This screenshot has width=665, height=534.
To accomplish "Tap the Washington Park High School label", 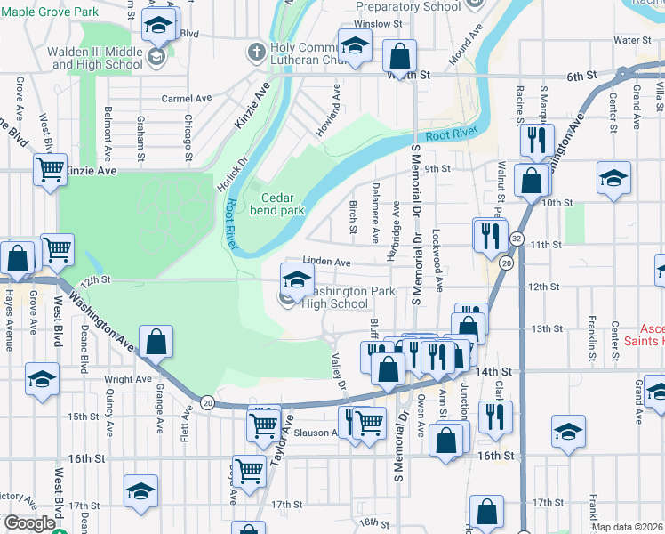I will [333, 297].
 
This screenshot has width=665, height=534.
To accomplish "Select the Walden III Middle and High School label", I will [98, 58].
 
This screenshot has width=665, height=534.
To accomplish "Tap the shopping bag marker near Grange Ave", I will [156, 342].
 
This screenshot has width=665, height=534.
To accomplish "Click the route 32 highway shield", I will [516, 239].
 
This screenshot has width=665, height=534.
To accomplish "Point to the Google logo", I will [28, 523].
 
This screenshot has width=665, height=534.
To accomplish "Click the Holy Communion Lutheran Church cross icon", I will [257, 51].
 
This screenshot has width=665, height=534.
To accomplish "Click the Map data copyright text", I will [628, 527].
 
